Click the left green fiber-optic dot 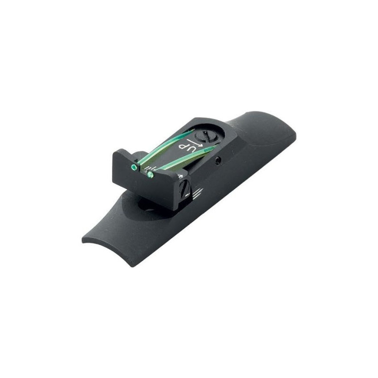point(133,166)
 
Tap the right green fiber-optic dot point(150,174)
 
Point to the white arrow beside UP point(197,143)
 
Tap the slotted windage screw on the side point(186,187)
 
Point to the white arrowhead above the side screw point(180,176)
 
